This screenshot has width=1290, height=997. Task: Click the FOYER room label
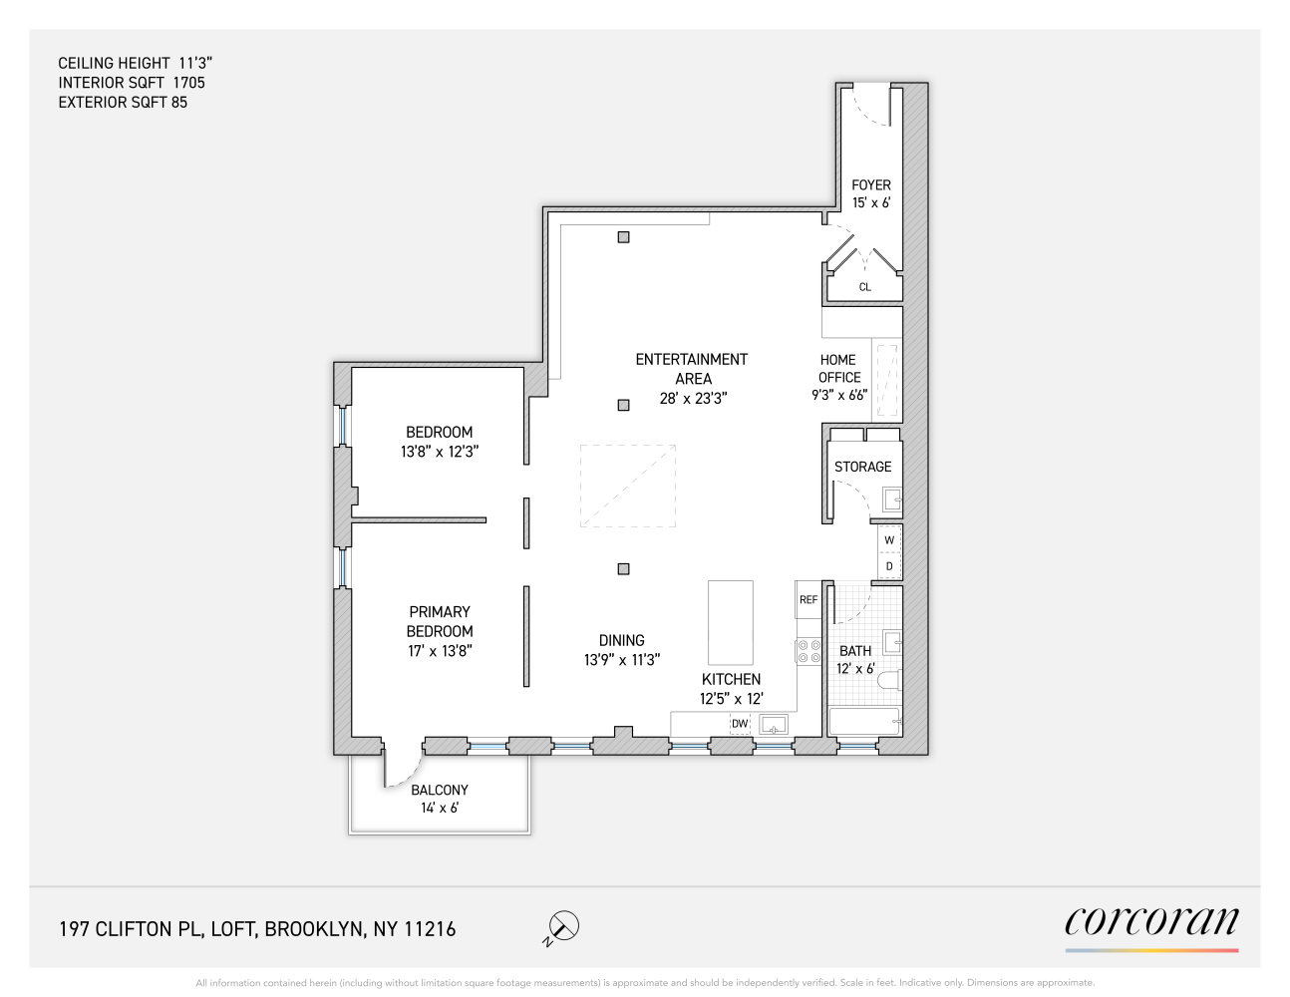click(x=870, y=185)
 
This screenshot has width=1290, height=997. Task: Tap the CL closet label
click(x=864, y=287)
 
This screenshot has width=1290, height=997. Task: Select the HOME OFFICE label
click(x=838, y=369)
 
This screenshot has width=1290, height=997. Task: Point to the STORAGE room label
click(x=862, y=467)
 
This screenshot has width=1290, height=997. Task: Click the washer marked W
click(x=889, y=540)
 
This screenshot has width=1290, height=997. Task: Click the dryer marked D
click(x=889, y=566)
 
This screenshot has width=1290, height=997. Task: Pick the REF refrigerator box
click(x=808, y=599)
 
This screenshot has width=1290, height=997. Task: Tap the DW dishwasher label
click(x=740, y=724)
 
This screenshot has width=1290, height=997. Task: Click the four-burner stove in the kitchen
click(x=808, y=652)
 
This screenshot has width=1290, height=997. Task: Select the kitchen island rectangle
click(x=730, y=623)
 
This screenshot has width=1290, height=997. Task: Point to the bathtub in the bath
click(x=864, y=722)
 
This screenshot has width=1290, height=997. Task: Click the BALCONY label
click(x=439, y=790)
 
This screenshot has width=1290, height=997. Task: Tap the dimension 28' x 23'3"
click(x=693, y=398)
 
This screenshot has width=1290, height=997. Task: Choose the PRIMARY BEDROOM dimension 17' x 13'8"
click(x=440, y=651)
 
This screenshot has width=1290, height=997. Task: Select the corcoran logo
click(x=1151, y=922)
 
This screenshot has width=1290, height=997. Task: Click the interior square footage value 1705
click(x=188, y=83)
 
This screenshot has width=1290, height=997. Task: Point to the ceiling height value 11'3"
click(x=195, y=63)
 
